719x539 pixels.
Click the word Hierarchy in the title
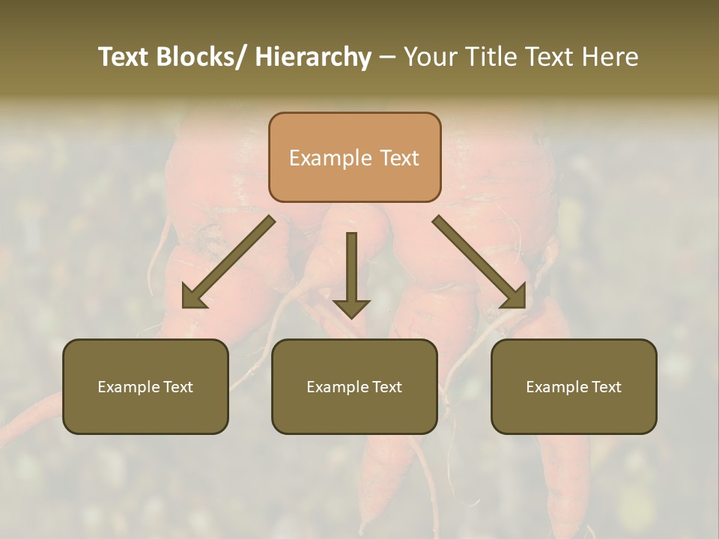(313, 58)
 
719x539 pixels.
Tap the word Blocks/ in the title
(198, 58)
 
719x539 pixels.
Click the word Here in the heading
(610, 58)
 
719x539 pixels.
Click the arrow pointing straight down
(351, 269)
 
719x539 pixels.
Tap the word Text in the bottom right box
(605, 387)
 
